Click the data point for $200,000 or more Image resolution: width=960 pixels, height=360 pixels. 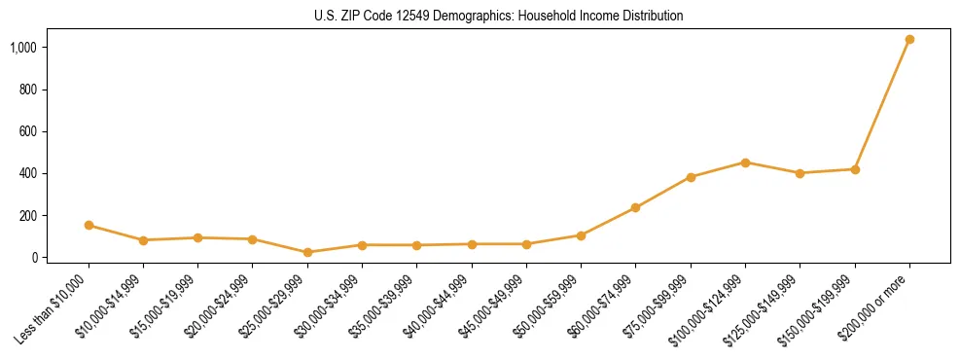coord(909,39)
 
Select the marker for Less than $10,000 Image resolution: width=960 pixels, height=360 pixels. coord(89,225)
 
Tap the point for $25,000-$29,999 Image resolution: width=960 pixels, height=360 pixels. coord(307,252)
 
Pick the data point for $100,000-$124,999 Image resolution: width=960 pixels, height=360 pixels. coord(745,162)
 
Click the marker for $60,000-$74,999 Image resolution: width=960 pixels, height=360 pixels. coord(635,207)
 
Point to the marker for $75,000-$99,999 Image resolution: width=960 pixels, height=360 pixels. coord(691,177)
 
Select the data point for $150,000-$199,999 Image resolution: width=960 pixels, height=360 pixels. coord(855,169)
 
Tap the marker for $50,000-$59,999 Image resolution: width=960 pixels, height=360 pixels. coord(581,235)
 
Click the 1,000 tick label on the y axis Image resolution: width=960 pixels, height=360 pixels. coord(23,47)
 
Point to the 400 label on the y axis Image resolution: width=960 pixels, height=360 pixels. coord(27,173)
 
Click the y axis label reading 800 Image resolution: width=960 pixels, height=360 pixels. coord(27,90)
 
